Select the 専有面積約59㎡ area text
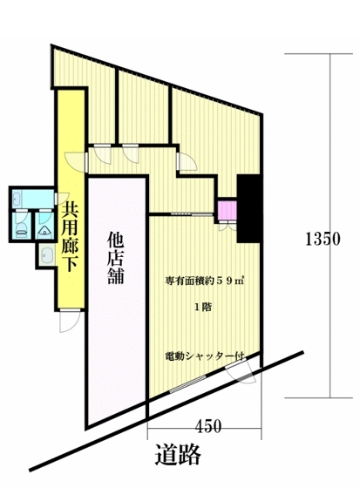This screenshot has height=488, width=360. [x=204, y=281]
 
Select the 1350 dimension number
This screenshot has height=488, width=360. [x=322, y=241]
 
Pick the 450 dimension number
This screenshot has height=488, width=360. [x=207, y=427]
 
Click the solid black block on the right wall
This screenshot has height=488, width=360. [x=248, y=209]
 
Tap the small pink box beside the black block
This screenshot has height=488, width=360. [x=227, y=212]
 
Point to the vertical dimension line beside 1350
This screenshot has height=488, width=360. [x=330, y=218]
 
